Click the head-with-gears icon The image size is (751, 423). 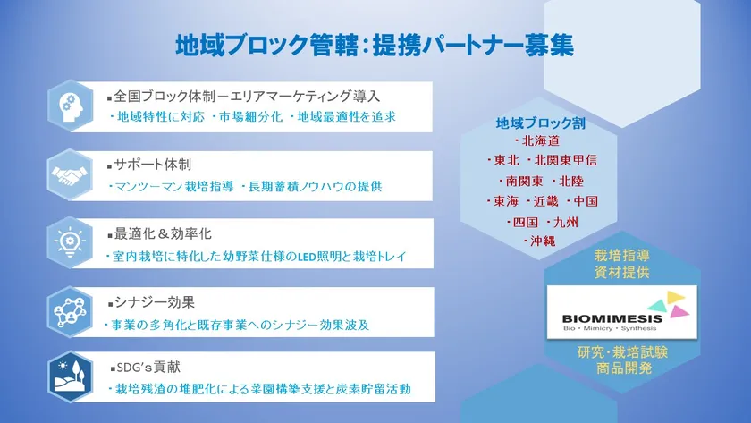tap(71, 106)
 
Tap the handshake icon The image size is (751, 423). tap(70, 175)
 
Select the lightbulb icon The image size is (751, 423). tap(70, 242)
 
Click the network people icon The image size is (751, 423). tap(70, 312)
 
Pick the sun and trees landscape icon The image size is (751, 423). tap(71, 376)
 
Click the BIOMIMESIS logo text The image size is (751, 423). tap(612, 318)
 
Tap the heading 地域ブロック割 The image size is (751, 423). tap(540, 123)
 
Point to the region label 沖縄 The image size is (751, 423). tap(543, 241)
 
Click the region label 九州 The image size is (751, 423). tap(565, 223)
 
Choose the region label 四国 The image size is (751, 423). tap(526, 223)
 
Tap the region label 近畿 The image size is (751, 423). tap(546, 201)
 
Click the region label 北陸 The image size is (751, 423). tap(571, 181)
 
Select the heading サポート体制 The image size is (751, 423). tap(152, 165)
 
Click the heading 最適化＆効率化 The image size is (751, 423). tap(163, 233)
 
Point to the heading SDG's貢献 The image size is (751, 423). tap(148, 368)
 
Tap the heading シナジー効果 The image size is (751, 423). tap(154, 303)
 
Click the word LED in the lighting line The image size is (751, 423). tap(307, 257)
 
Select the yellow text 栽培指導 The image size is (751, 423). tap(621, 256)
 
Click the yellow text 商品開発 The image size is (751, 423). tap(624, 368)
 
